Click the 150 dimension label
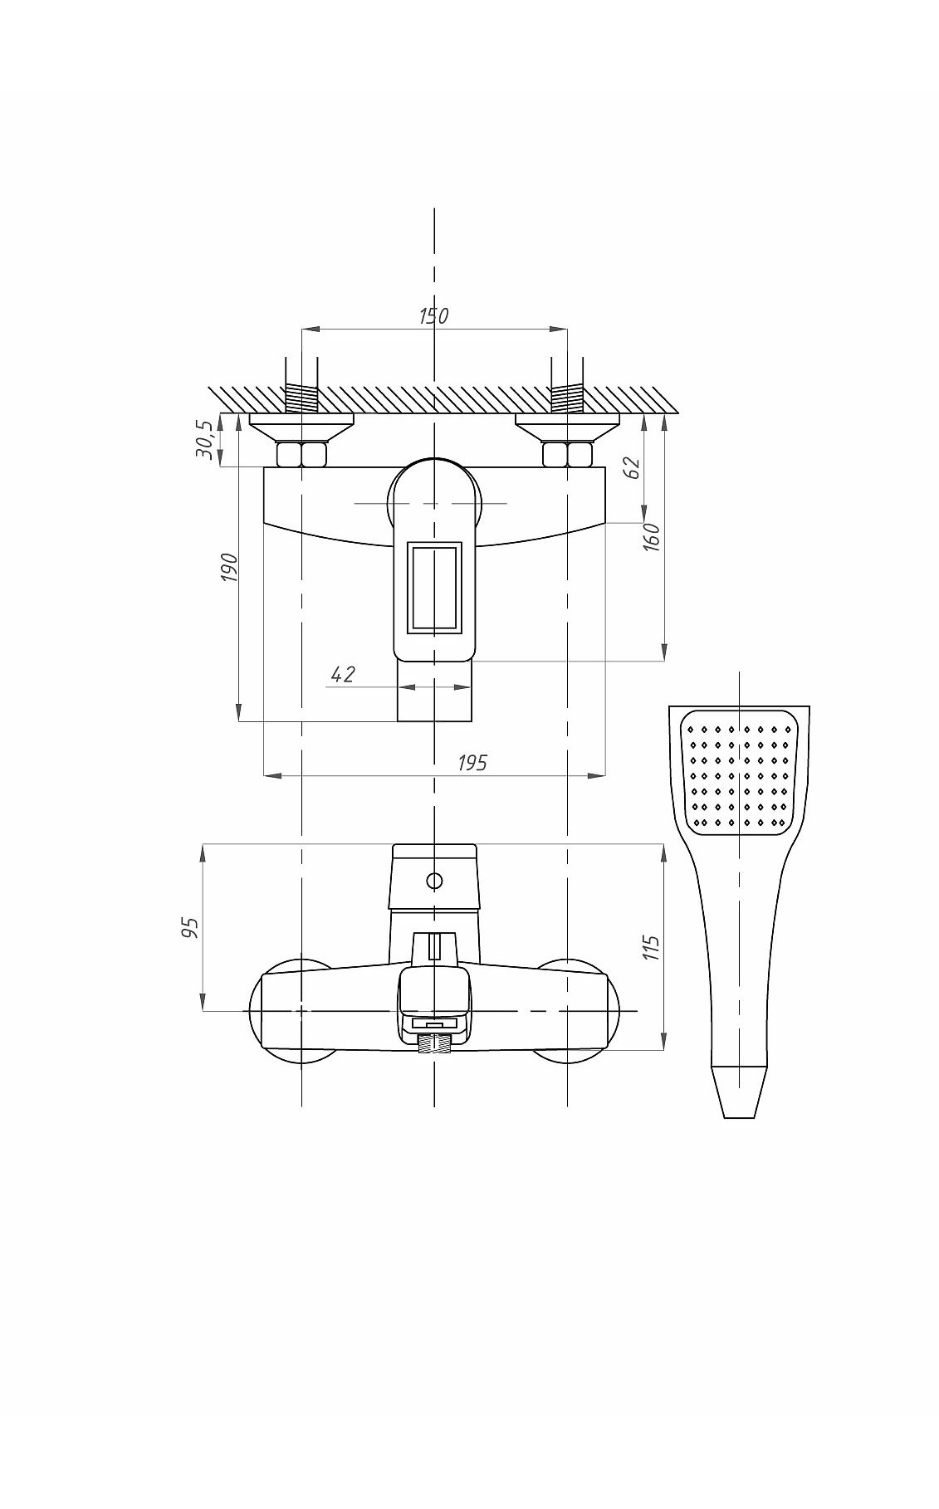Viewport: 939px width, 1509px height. pyautogui.click(x=433, y=315)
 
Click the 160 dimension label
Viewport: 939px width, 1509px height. pyautogui.click(x=652, y=538)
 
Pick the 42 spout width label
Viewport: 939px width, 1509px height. pyautogui.click(x=343, y=674)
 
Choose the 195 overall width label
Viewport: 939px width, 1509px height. pyautogui.click(x=472, y=763)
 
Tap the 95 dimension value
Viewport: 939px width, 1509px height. pyautogui.click(x=192, y=927)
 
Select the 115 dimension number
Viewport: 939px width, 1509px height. pyautogui.click(x=652, y=947)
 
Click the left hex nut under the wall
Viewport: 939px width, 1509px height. pyautogui.click(x=301, y=454)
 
